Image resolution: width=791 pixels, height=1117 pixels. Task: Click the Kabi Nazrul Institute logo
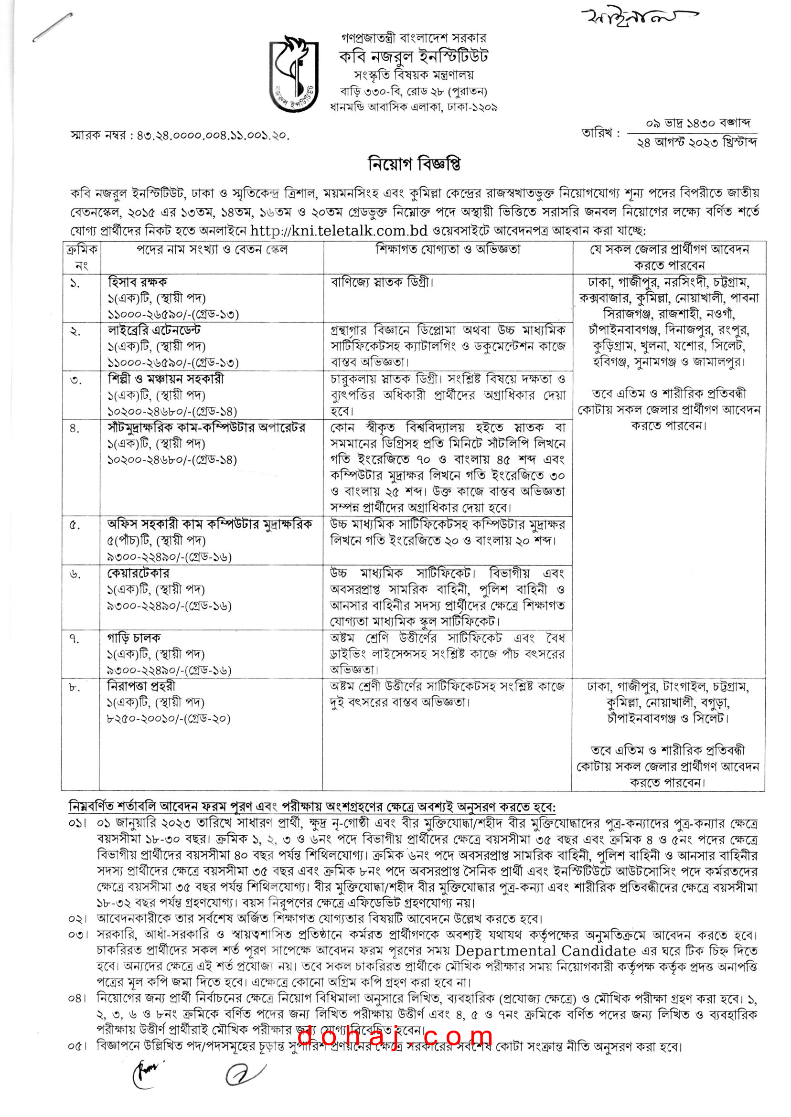[294, 74]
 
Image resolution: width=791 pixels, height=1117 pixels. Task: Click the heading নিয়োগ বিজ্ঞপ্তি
[414, 164]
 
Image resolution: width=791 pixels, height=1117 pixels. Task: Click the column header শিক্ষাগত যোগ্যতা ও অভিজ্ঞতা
[448, 250]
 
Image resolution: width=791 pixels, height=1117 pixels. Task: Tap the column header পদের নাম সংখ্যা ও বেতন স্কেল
[212, 250]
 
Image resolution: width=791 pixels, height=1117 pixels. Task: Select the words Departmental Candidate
[545, 951]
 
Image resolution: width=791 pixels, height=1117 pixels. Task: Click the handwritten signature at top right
[638, 19]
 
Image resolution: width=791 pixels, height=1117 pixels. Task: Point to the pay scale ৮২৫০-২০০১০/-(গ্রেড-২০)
[169, 718]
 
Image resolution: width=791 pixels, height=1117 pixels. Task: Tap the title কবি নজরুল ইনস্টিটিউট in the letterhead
[414, 56]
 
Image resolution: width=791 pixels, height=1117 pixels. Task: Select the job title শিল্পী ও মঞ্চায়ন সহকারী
[166, 379]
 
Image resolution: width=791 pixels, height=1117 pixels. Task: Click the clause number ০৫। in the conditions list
[77, 1046]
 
